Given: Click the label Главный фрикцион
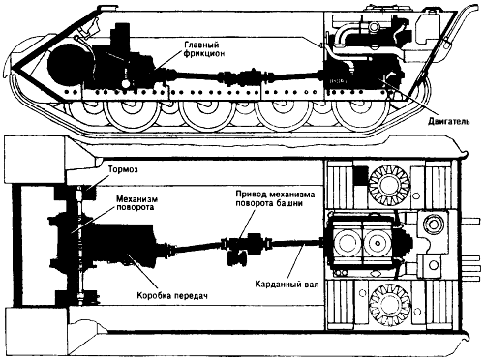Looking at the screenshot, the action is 204,49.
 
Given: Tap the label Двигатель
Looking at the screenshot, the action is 449,122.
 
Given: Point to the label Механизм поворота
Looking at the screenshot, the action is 135,202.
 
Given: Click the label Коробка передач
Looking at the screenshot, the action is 171,295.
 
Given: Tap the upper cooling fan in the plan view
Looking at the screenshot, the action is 389,184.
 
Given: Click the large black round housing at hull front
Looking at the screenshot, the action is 67,66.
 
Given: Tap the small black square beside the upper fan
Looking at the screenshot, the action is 361,176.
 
